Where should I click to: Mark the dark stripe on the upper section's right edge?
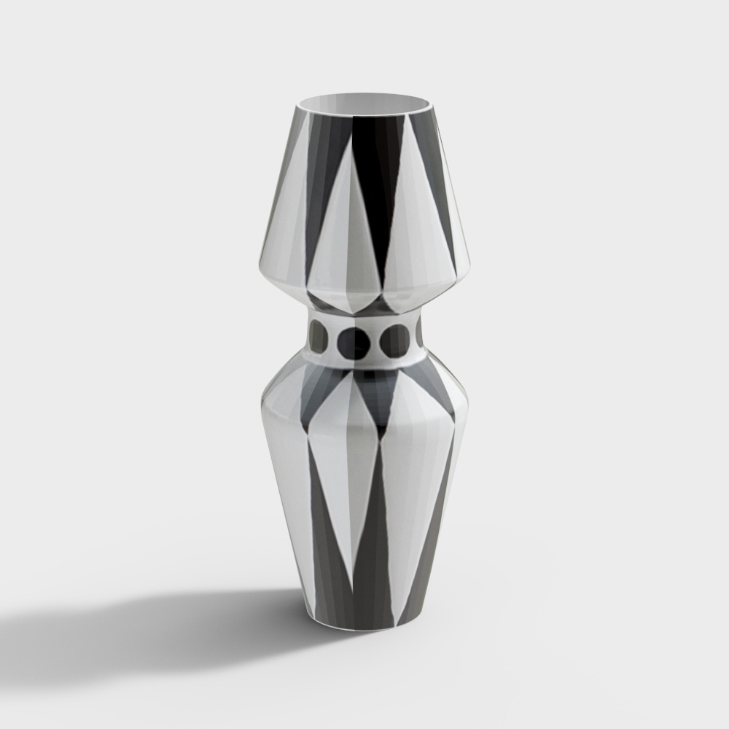[x=443, y=190]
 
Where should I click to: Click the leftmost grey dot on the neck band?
[x=319, y=336]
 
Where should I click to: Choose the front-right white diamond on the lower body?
[x=405, y=467]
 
